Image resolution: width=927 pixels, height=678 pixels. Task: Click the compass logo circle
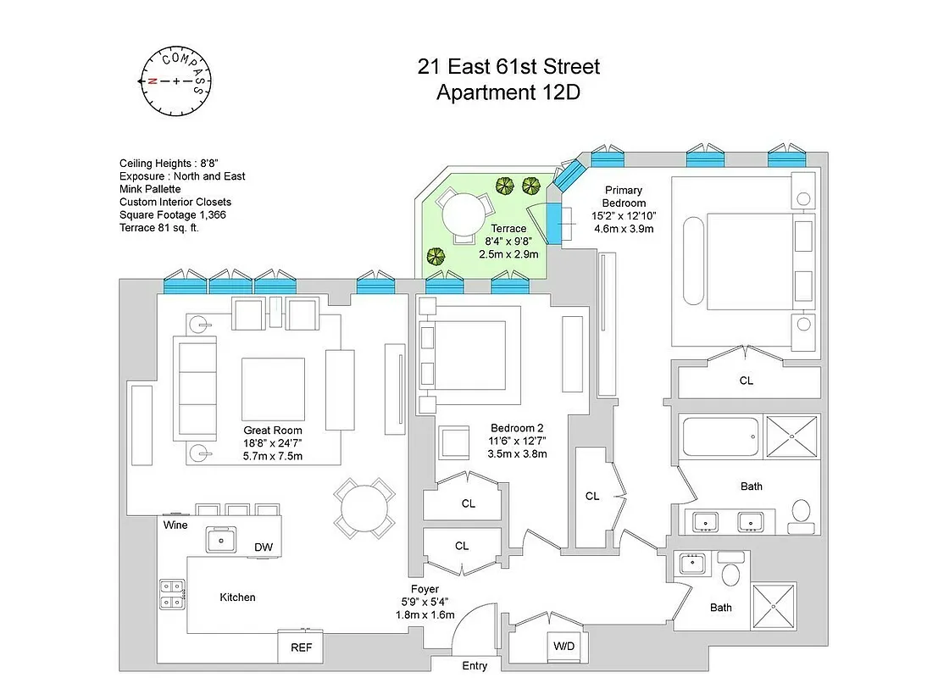(175, 81)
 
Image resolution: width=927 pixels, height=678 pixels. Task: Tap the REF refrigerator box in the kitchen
(300, 647)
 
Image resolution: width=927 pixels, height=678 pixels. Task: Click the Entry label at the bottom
(475, 666)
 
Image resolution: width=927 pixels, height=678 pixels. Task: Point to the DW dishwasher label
(264, 547)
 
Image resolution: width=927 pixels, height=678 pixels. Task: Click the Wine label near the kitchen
(176, 525)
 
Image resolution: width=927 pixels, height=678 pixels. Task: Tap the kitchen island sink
(223, 538)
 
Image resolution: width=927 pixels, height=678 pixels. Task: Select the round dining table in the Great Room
(364, 508)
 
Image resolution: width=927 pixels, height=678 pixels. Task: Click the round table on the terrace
(462, 214)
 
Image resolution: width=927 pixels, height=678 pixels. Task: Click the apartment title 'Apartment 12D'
(508, 92)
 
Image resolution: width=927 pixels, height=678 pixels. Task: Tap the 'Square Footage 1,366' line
(173, 214)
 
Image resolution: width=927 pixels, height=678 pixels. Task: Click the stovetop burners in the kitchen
(172, 593)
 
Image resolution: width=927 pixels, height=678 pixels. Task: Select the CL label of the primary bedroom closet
(746, 381)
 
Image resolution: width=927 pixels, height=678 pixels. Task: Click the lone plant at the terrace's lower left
(436, 256)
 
